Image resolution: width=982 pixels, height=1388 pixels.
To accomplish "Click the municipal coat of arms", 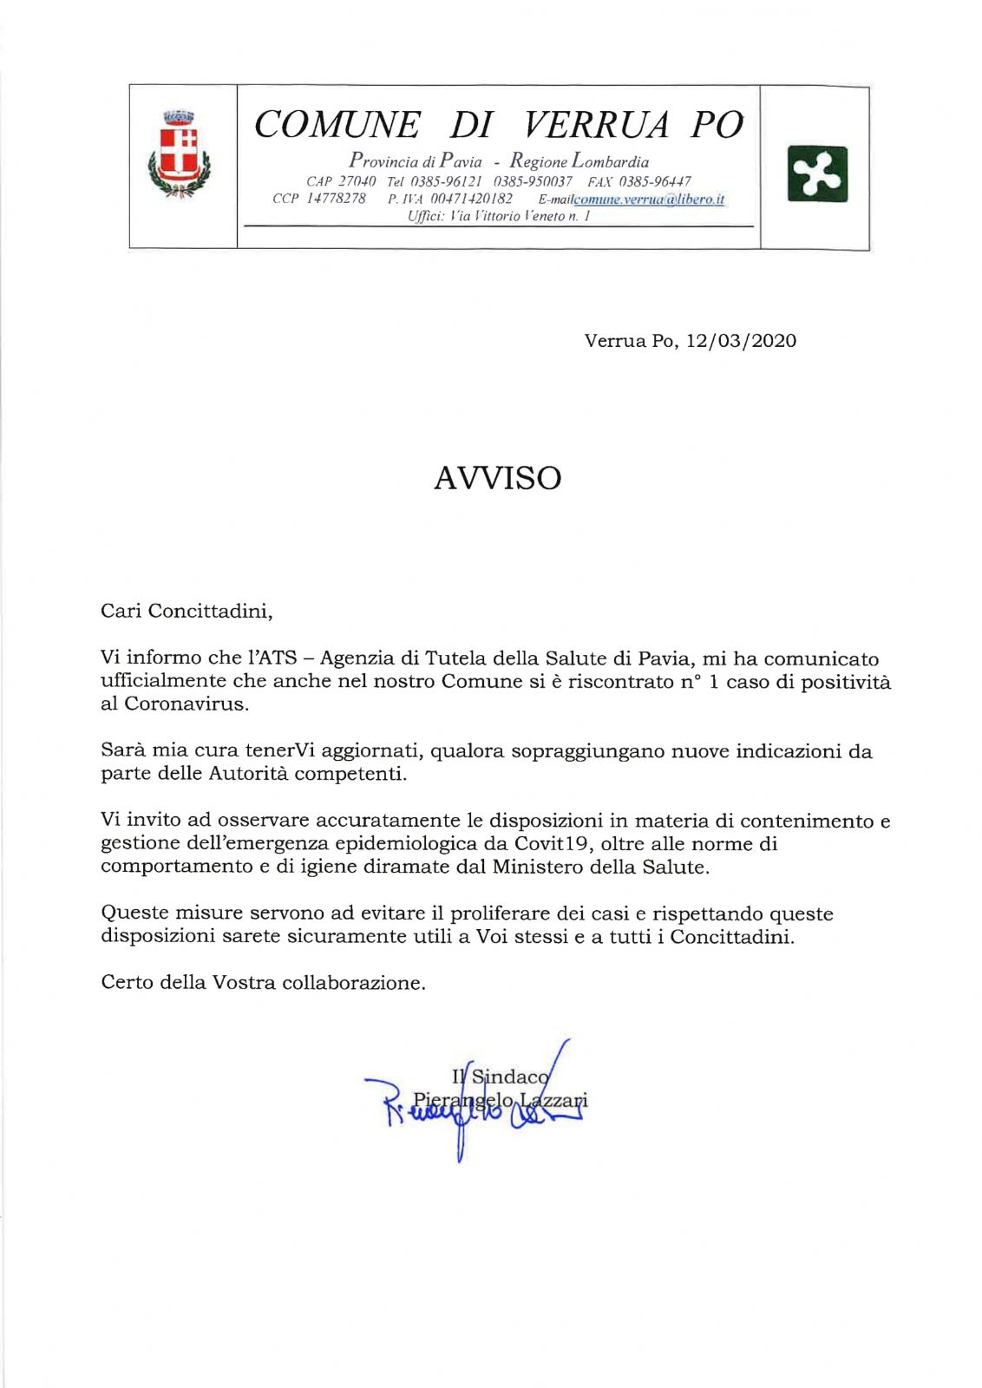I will (180, 155).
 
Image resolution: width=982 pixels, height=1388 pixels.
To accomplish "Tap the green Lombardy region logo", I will (816, 173).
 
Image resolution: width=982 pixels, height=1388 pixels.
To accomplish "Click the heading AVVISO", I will (497, 478).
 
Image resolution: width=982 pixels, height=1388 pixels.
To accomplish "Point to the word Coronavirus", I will (186, 704).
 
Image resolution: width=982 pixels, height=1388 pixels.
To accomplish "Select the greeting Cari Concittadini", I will (187, 611).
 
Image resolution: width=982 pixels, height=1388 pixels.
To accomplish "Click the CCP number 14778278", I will (336, 199).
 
